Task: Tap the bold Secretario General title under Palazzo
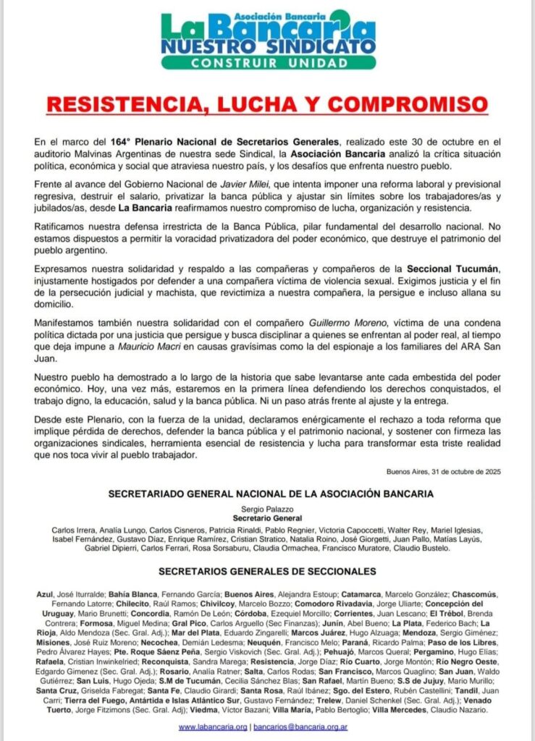click(267, 519)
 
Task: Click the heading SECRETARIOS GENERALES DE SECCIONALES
click(267, 571)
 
